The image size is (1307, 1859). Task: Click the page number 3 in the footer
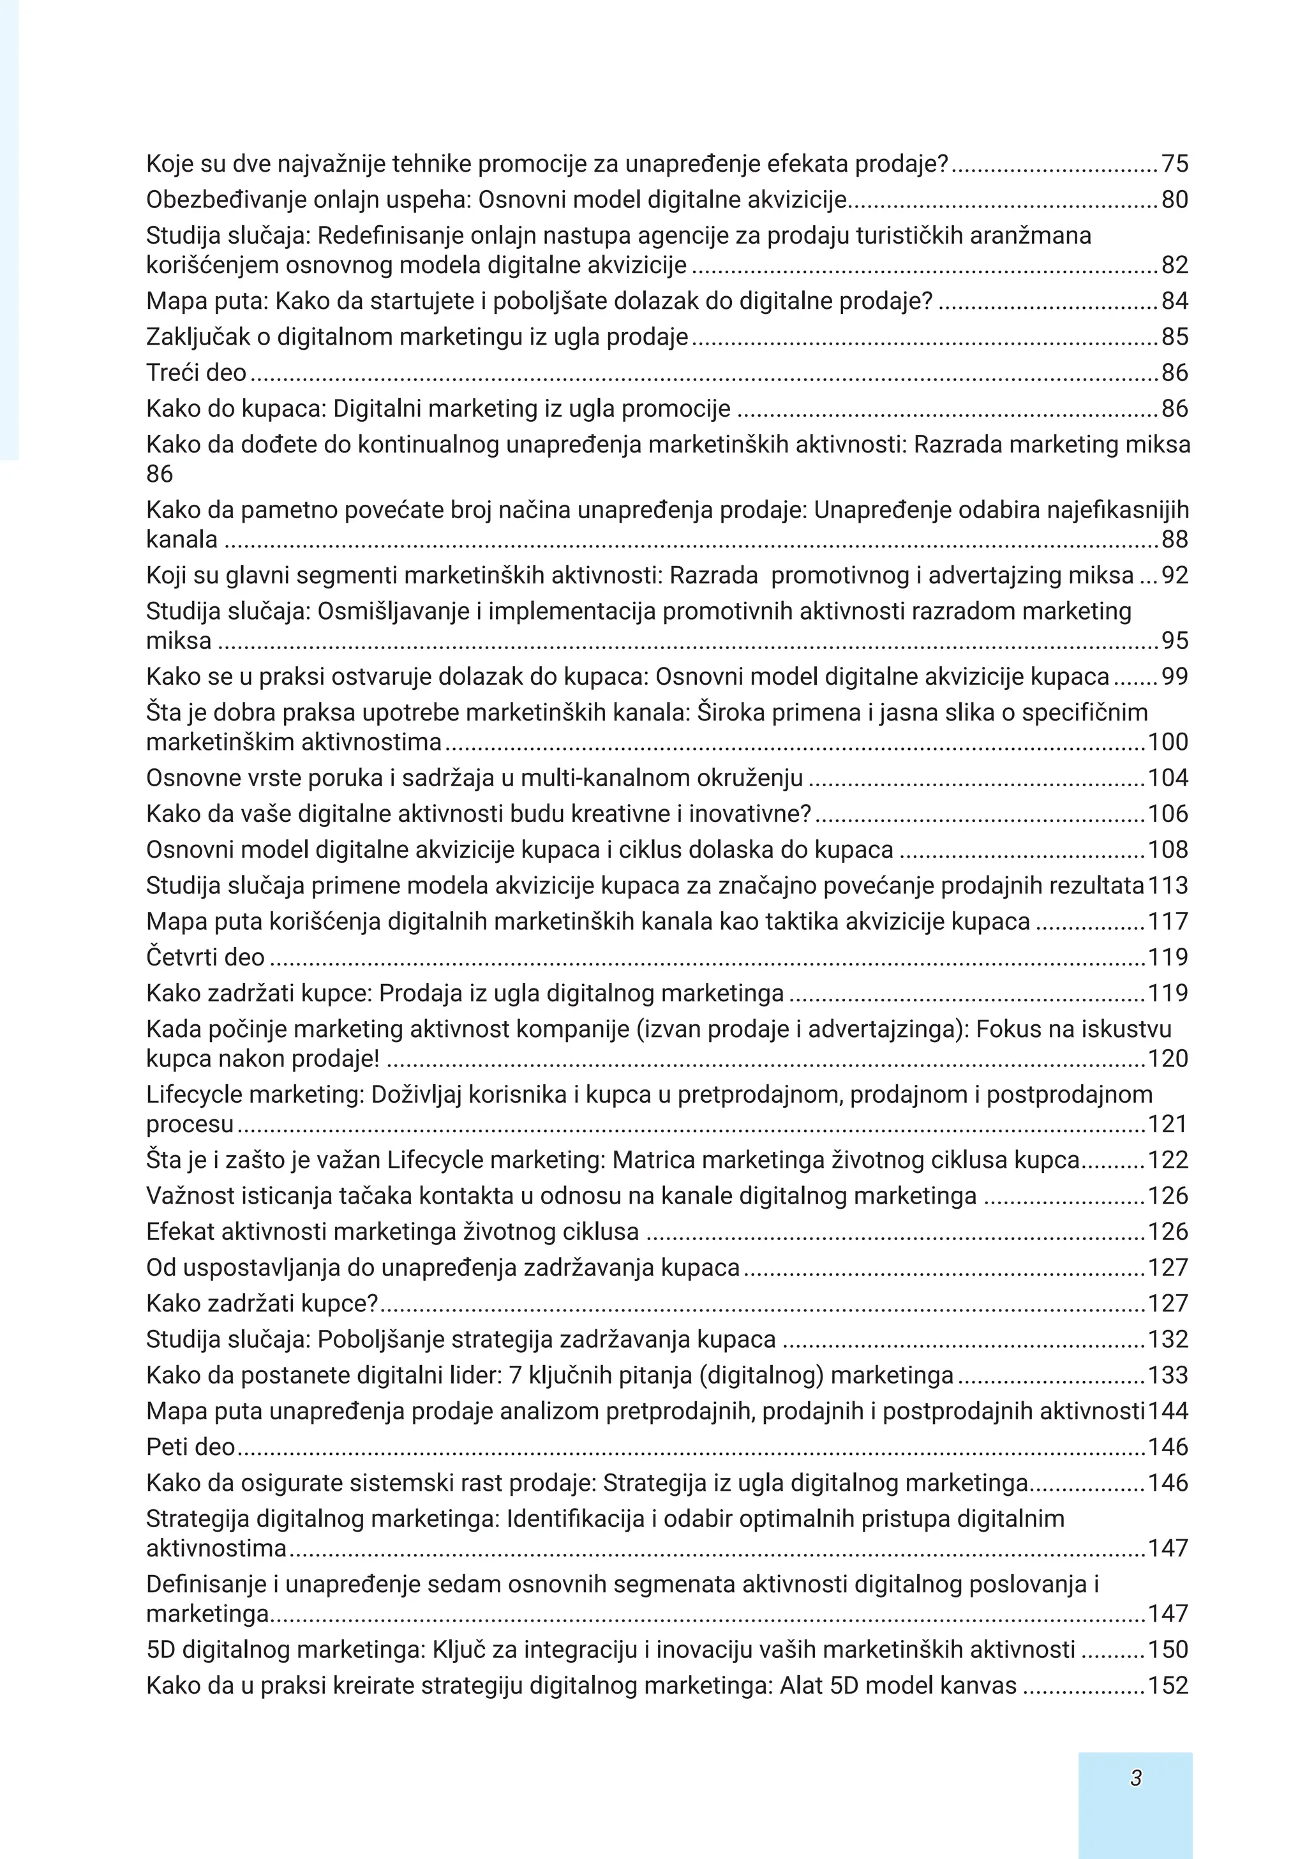(1135, 1777)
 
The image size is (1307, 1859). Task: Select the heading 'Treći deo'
(196, 373)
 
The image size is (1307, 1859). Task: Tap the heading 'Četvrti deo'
(205, 957)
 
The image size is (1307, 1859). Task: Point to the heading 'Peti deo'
(190, 1447)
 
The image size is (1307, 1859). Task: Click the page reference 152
(1168, 1685)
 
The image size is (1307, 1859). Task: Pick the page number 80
(1174, 199)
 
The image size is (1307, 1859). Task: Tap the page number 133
(1168, 1375)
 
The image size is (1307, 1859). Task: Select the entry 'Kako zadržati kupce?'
(262, 1303)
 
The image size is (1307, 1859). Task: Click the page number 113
(1168, 885)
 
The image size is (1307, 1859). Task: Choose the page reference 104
(1168, 777)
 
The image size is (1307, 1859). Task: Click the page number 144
(1168, 1410)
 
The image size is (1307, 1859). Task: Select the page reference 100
(1168, 742)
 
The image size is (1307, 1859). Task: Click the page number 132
(1168, 1339)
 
